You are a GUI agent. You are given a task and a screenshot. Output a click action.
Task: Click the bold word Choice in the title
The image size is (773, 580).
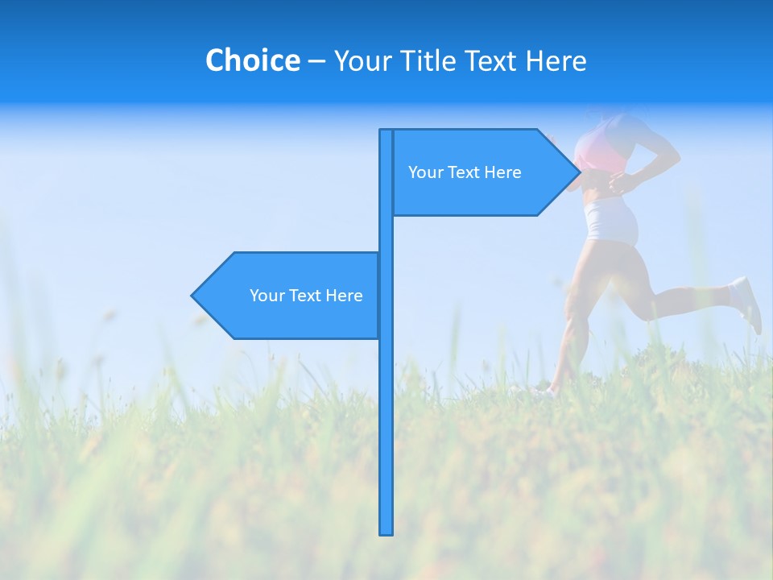pos(252,60)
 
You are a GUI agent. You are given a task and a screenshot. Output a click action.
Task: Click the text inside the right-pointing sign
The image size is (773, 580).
pos(465,172)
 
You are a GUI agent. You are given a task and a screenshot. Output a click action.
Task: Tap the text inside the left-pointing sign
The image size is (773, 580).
pos(306,296)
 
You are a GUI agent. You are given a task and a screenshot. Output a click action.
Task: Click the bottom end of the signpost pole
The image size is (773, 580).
pos(386,532)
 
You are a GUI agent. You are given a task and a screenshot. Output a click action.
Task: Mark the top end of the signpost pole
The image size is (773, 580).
pos(386,131)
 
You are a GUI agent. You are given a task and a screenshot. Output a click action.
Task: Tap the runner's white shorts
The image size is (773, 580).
pos(610,220)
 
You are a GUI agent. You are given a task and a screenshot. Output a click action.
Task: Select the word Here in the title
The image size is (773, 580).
pos(556,60)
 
